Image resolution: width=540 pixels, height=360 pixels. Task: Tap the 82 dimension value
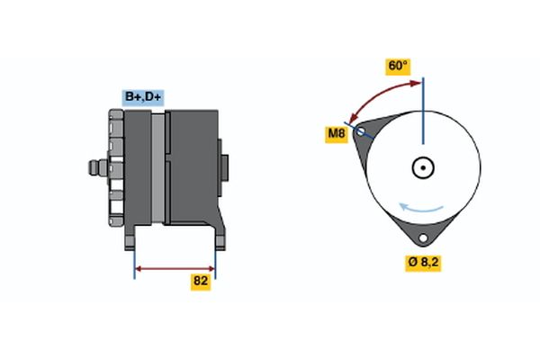pos(201,282)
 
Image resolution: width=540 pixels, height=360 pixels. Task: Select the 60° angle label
pos(398,66)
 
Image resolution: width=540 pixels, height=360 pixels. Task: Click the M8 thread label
pos(337,135)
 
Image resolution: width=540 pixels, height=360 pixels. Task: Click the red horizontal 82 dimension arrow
pos(175,267)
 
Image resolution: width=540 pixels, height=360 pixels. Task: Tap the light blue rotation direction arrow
pos(422,209)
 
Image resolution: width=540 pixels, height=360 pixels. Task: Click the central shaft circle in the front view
pos(423,167)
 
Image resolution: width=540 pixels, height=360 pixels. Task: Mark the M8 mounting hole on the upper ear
pos(362,131)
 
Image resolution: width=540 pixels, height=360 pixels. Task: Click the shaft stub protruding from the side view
pos(94,167)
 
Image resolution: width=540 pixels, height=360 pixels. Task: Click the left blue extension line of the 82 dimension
pos(135,261)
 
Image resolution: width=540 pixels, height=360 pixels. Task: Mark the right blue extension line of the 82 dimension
pos(216,261)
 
